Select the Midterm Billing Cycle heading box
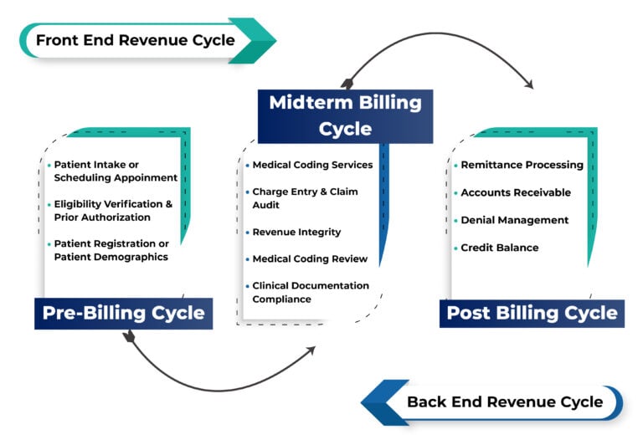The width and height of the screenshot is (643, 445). pyautogui.click(x=345, y=115)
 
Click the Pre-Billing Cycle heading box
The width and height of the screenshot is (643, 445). pyautogui.click(x=124, y=314)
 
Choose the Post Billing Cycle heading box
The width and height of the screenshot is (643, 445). pyautogui.click(x=532, y=314)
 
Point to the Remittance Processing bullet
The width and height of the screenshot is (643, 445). pyautogui.click(x=522, y=166)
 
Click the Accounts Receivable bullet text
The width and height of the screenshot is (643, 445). pyautogui.click(x=516, y=193)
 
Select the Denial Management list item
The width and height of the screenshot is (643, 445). pyautogui.click(x=514, y=221)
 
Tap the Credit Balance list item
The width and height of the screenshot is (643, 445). pyautogui.click(x=500, y=248)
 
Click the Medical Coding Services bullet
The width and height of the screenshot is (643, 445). pyautogui.click(x=312, y=166)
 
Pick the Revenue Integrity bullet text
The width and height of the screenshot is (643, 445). pyautogui.click(x=296, y=233)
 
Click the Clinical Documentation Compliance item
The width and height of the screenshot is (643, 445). pyautogui.click(x=310, y=293)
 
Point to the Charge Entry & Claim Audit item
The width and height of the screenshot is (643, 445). pyautogui.click(x=305, y=198)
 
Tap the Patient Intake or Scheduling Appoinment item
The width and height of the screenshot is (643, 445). pyautogui.click(x=116, y=171)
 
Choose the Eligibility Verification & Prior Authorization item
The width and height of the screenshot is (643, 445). pyautogui.click(x=113, y=211)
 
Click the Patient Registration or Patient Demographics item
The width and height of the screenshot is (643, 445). pyautogui.click(x=111, y=250)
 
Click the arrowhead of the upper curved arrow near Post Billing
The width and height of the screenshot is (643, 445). pyautogui.click(x=528, y=84)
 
